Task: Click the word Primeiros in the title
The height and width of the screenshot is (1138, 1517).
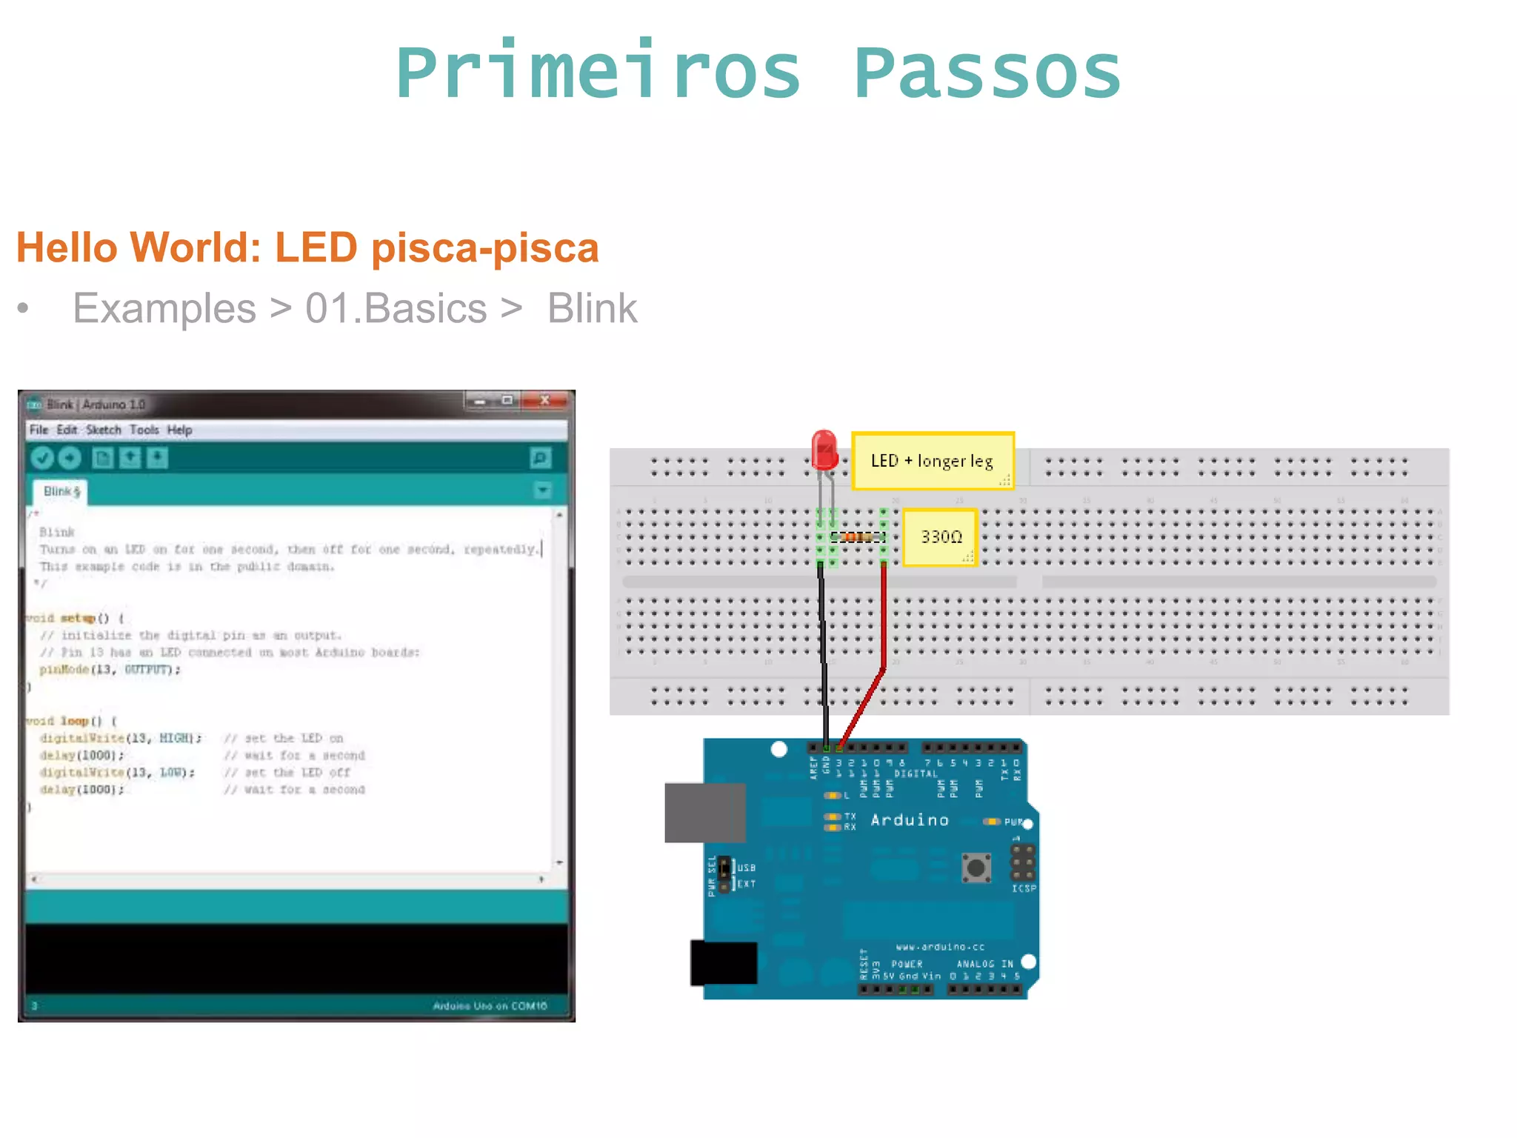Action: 599,73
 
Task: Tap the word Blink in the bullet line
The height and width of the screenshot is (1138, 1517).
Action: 592,308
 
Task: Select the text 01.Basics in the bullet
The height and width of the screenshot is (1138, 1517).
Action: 396,308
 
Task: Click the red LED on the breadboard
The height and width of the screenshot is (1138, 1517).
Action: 824,450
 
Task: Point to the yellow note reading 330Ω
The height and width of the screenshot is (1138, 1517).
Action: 940,537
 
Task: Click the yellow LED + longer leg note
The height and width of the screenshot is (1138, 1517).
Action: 932,461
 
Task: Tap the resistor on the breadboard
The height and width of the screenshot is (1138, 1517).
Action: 858,537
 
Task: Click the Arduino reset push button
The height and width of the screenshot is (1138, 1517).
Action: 976,867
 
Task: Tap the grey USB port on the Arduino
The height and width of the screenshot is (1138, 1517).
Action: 704,813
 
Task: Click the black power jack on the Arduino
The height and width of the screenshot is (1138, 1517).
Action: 724,963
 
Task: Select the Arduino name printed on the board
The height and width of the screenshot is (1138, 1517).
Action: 909,820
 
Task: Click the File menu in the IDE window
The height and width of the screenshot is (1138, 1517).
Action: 39,430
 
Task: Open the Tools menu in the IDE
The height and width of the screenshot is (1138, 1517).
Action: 144,430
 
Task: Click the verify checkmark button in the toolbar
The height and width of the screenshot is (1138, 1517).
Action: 42,459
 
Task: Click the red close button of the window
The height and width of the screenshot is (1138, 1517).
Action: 544,401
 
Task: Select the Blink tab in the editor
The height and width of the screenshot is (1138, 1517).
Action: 60,492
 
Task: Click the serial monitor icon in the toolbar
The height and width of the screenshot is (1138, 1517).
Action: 541,459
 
